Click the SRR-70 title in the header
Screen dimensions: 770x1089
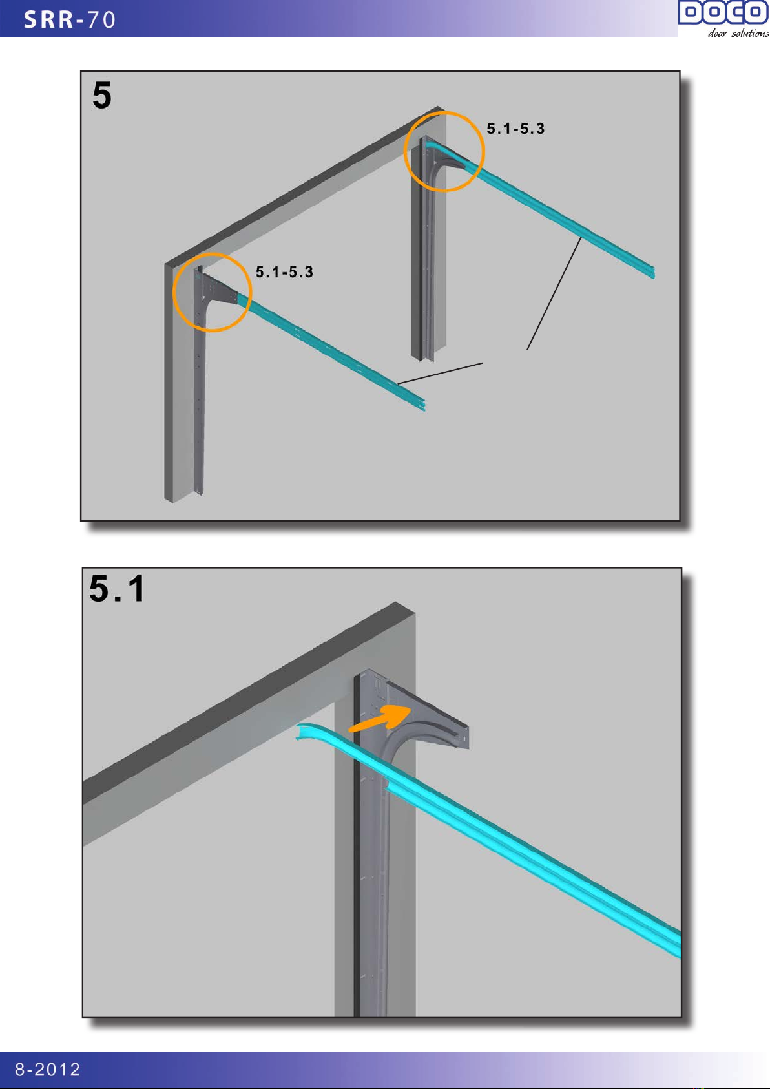pos(70,20)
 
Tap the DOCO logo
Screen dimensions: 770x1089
pos(723,12)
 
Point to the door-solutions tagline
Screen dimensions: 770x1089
pos(738,33)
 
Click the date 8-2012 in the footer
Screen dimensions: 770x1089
pos(47,1069)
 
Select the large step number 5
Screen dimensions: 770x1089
pos(102,95)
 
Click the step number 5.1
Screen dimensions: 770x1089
pos(117,588)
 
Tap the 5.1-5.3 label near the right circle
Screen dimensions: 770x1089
pos(515,129)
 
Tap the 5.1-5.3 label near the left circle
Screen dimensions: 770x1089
pos(284,271)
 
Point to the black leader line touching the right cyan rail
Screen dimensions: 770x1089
pos(554,293)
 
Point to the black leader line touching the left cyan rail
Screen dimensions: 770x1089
pos(440,374)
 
